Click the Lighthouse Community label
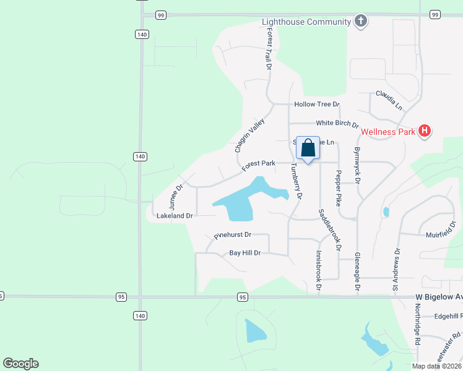coord(306,22)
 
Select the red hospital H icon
coord(424,130)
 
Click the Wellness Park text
coord(387,131)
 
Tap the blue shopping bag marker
coord(308,148)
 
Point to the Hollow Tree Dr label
coord(317,104)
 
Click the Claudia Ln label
coord(389,100)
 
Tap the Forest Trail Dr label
coord(269,51)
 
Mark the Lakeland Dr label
coord(175,216)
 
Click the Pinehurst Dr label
coord(232,235)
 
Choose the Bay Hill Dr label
coord(245,253)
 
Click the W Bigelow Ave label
coord(438,297)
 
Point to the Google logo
coord(21,364)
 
